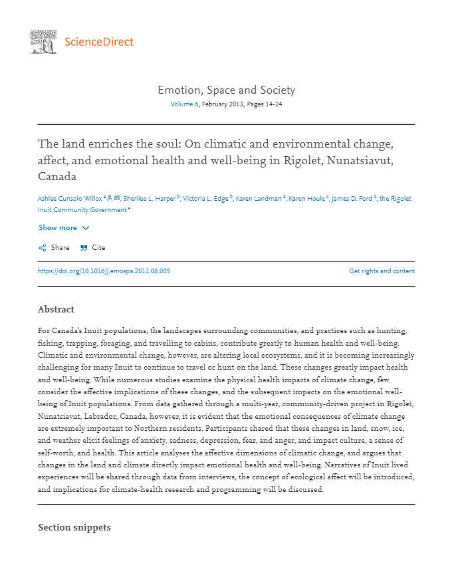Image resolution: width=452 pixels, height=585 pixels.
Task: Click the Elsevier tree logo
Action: click(43, 41)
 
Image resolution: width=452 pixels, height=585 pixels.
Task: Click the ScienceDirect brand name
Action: click(99, 42)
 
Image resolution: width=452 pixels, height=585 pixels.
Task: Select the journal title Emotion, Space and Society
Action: click(226, 90)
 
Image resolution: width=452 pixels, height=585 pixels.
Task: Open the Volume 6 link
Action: click(184, 104)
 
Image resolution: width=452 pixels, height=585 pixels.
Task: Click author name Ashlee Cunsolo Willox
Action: click(70, 198)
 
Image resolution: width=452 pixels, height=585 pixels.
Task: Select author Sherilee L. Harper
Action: click(149, 198)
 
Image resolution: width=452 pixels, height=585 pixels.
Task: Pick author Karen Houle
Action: click(308, 198)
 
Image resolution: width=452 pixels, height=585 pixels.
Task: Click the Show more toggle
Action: click(64, 227)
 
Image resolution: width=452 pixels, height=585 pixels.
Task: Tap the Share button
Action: click(54, 247)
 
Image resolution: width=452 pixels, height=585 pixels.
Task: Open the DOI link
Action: click(104, 271)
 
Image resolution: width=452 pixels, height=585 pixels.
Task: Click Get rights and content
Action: click(382, 271)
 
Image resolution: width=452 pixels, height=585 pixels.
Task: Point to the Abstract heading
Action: click(56, 309)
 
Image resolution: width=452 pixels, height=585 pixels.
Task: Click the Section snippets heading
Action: click(74, 527)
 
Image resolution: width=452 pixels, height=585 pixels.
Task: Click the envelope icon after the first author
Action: click(117, 198)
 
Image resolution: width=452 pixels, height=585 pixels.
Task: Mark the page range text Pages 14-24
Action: click(265, 104)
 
